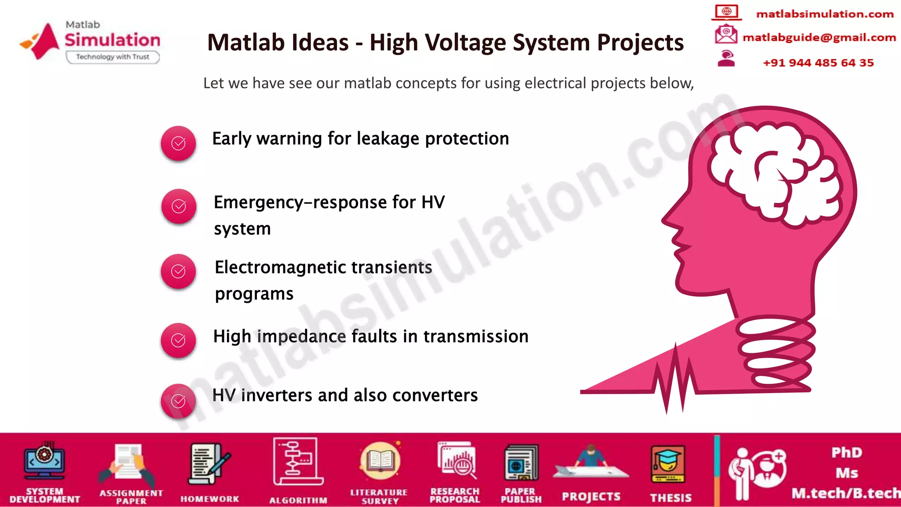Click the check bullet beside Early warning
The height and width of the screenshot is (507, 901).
pos(178,143)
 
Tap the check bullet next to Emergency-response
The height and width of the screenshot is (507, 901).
pos(179,206)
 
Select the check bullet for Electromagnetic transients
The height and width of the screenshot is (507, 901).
pos(178,272)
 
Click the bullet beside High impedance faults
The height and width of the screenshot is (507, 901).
pos(178,340)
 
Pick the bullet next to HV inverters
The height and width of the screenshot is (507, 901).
pos(178,401)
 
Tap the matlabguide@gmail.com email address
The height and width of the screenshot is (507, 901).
pos(819,37)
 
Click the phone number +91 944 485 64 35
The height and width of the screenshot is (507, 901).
pos(818,63)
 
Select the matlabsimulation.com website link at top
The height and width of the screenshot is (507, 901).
pos(824,14)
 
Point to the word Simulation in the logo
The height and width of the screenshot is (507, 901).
pos(113,40)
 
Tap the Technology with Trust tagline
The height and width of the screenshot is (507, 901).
pos(113,57)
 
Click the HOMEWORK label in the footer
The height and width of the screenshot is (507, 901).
pos(210,499)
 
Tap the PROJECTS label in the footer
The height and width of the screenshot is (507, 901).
pos(591,497)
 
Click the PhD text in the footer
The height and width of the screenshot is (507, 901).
pos(846,452)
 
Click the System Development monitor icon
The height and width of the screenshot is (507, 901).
pos(44,461)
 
